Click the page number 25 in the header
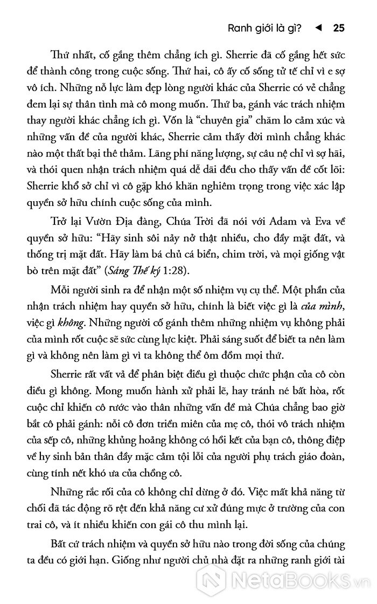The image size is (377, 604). [339, 29]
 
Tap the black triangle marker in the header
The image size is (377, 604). [318, 29]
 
